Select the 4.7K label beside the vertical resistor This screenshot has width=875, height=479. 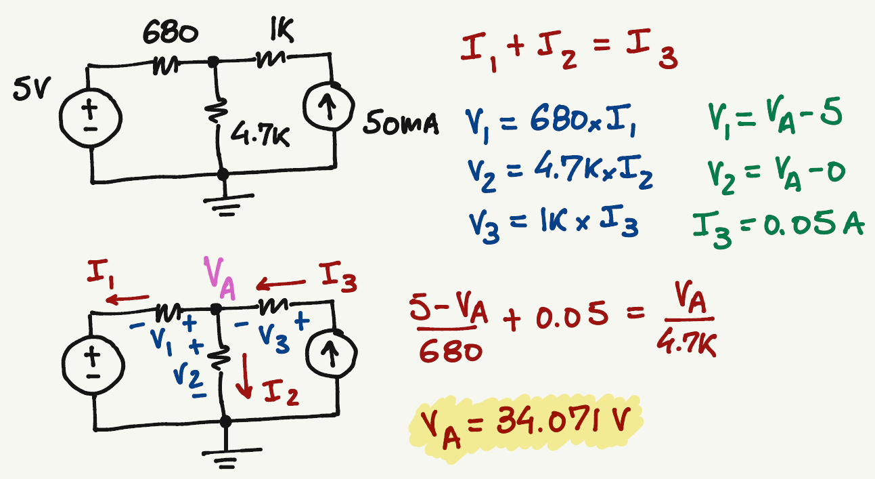(261, 136)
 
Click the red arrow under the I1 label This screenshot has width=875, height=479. (128, 299)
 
